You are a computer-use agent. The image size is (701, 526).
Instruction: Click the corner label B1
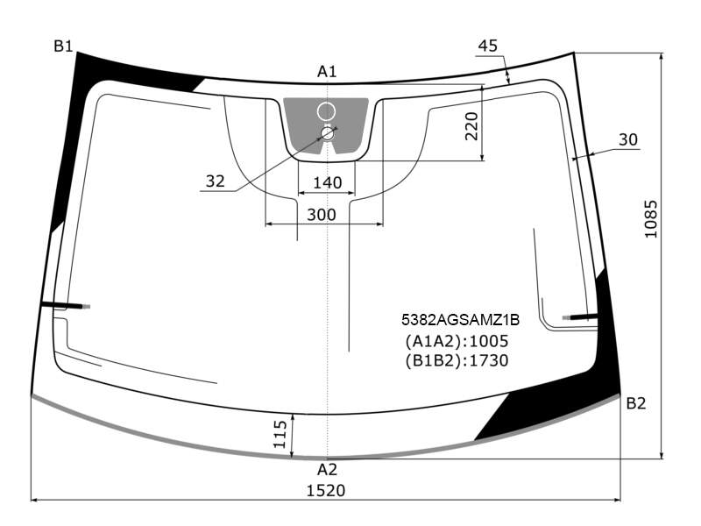point(63,46)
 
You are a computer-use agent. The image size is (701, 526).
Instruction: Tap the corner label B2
point(636,403)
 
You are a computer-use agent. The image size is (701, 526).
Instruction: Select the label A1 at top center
point(327,72)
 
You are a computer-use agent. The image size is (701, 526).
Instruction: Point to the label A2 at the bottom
point(327,470)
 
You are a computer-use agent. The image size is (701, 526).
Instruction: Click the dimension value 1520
point(326,491)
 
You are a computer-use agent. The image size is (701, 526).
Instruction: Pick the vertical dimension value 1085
point(651,219)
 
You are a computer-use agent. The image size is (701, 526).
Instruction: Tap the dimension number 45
point(488,46)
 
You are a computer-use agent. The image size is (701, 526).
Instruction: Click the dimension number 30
point(628,139)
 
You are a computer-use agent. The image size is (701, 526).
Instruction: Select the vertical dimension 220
point(471,126)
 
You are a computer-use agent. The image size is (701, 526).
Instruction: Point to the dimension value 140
point(327,182)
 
